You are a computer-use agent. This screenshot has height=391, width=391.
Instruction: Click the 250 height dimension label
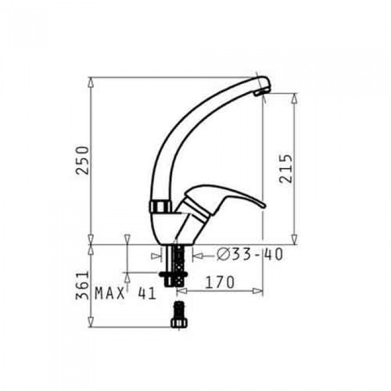coord(82,160)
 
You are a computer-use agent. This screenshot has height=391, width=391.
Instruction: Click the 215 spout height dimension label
coord(285,169)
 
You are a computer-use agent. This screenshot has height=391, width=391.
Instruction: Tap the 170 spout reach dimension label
coord(220,282)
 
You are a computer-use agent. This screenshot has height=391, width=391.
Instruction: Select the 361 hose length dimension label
coord(82,285)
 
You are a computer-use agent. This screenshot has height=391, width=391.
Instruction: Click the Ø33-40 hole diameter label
coord(250,254)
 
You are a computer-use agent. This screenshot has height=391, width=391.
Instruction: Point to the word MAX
coord(109,293)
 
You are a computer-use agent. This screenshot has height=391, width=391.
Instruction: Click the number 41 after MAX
coord(147,293)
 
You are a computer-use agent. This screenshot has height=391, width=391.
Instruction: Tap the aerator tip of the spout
coord(261,92)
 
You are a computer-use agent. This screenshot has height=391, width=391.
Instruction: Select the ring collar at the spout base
coord(161,207)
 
